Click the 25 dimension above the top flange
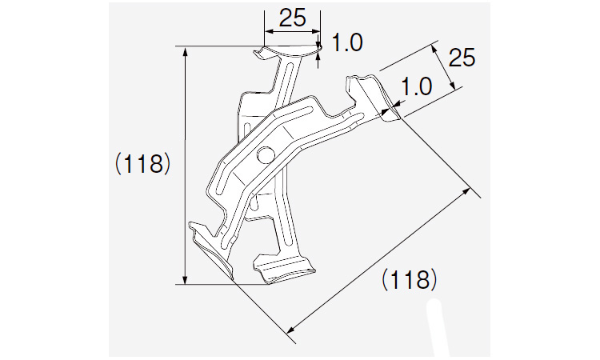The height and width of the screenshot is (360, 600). pos(293,18)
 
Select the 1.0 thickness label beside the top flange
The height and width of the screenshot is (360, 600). pos(347,42)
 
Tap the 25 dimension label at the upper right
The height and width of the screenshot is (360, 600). pos(462,58)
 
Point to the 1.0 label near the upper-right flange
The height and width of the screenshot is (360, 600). pos(416,86)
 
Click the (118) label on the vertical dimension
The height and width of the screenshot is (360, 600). pos(142,164)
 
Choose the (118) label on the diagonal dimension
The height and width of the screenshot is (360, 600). pos(409,280)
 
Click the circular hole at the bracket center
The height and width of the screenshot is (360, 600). pos(265,155)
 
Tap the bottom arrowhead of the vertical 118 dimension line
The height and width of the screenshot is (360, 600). pos(186,280)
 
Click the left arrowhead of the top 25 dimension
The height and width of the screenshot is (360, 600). pos(269,32)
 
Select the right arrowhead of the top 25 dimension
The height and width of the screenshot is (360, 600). pos(316,32)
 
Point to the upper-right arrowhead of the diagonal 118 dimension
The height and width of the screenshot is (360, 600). pos(466,191)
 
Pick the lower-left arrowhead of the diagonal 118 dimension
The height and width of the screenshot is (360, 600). pos(291,329)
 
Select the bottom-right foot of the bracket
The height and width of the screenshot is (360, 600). pos(285,270)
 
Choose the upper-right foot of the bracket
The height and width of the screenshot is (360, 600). pos(373,98)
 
